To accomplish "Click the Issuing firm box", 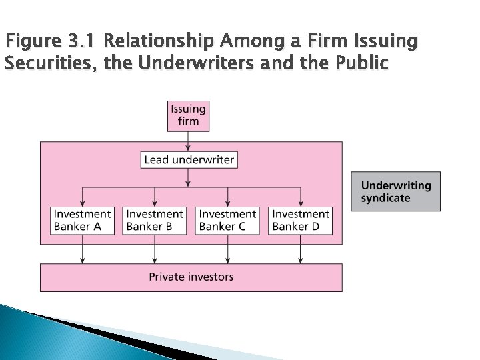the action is pyautogui.click(x=189, y=115).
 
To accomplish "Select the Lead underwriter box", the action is pyautogui.click(x=189, y=160).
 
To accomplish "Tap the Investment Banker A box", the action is pyautogui.click(x=82, y=220).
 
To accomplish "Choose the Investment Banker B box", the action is pyautogui.click(x=155, y=220).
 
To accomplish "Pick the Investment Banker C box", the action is pyautogui.click(x=227, y=220).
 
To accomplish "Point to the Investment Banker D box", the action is pyautogui.click(x=301, y=220).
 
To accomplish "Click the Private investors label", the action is pyautogui.click(x=191, y=276).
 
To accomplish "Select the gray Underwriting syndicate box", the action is pyautogui.click(x=395, y=192).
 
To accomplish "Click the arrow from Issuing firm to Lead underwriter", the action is pyautogui.click(x=189, y=141).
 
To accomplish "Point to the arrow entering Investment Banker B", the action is pyautogui.click(x=155, y=197).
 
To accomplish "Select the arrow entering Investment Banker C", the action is pyautogui.click(x=228, y=197).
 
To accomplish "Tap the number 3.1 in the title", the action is pyautogui.click(x=83, y=43).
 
